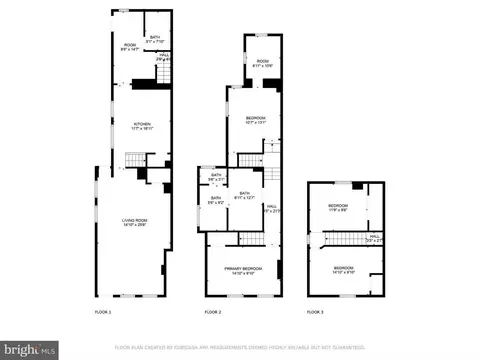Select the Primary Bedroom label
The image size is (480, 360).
243,270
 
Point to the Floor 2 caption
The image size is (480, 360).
212,313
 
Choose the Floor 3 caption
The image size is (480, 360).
317,313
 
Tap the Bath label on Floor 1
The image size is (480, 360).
155,40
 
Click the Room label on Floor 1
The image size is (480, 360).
130,46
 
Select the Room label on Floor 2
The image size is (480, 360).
263,62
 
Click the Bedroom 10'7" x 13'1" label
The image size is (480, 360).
256,120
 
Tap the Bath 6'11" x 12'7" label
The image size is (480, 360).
245,196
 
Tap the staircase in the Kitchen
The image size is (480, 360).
134,160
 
